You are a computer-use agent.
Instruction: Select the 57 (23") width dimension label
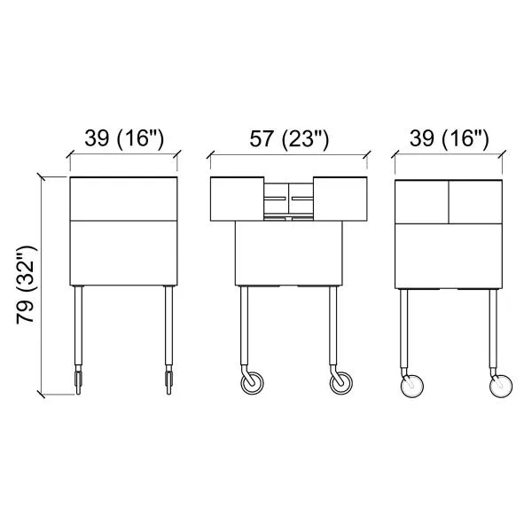click(289, 139)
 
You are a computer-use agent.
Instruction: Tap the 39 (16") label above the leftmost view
click(124, 138)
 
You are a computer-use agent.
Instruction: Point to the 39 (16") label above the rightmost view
click(450, 138)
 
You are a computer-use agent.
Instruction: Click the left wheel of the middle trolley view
click(252, 383)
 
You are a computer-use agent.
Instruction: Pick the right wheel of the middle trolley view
click(341, 383)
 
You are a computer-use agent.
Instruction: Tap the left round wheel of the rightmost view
click(412, 386)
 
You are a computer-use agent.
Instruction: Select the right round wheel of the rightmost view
click(501, 386)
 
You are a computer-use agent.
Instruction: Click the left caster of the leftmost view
click(78, 380)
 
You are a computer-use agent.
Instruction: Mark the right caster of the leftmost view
click(168, 380)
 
